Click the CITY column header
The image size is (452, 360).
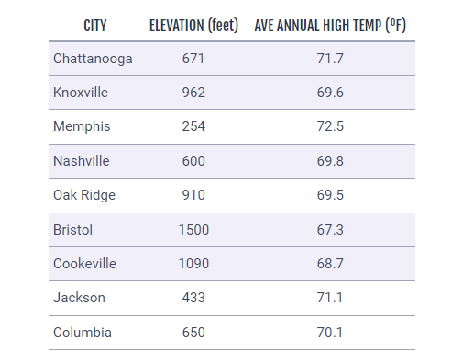click(94, 25)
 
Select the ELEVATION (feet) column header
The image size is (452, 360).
click(193, 25)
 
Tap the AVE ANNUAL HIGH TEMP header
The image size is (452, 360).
click(330, 25)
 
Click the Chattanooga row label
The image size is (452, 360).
click(93, 59)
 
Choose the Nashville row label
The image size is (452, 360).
click(82, 160)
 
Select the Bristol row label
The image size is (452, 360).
click(73, 229)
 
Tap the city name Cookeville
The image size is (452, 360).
click(85, 263)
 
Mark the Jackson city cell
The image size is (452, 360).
click(79, 297)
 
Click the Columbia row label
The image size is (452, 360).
click(83, 332)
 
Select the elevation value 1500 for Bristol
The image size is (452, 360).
click(193, 229)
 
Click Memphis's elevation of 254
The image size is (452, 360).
click(193, 126)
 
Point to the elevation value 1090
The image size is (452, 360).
click(193, 263)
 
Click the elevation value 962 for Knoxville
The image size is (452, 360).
click(193, 93)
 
